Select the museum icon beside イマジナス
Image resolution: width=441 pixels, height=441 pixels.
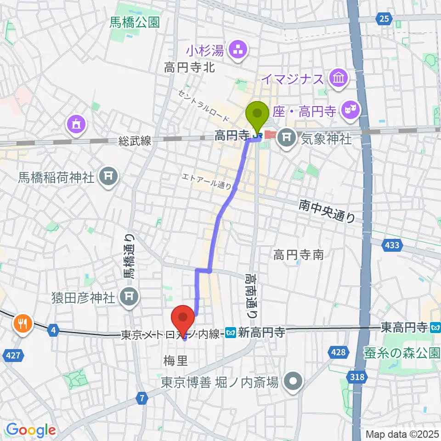point(339,78)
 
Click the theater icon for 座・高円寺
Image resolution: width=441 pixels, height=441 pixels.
point(351,110)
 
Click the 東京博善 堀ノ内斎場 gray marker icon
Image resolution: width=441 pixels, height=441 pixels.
point(293,381)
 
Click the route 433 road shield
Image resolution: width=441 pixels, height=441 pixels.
point(391,245)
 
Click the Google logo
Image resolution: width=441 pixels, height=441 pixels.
point(31,430)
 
